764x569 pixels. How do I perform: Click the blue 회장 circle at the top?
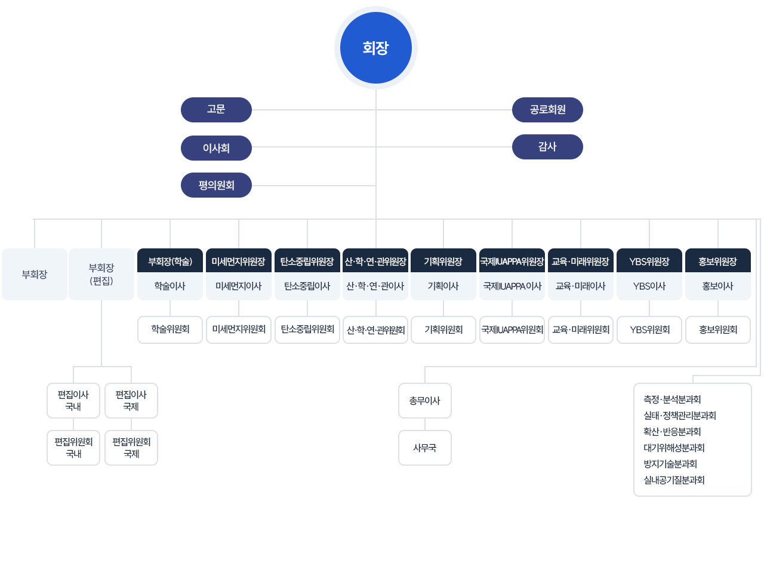(375, 48)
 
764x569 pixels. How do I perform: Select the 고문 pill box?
(216, 110)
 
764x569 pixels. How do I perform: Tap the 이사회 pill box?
(216, 148)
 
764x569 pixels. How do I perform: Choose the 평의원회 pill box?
(216, 185)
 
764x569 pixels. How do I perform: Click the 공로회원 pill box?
(547, 110)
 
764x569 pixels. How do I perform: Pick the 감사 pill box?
(547, 147)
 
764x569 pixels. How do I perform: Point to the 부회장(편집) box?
(101, 274)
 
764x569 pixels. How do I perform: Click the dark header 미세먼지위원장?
(238, 260)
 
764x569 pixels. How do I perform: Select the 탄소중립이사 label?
(307, 286)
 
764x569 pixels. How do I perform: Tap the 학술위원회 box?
(170, 330)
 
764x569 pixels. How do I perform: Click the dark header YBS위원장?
(649, 260)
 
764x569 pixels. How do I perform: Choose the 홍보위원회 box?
(717, 330)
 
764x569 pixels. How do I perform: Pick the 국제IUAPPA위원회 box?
(512, 330)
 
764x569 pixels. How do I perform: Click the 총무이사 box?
(425, 401)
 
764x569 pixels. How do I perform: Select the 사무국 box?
(425, 448)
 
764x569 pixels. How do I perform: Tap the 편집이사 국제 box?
(131, 401)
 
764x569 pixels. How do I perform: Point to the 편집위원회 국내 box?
(73, 448)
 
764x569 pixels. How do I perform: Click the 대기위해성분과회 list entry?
(674, 448)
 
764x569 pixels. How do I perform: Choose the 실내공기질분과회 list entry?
(674, 480)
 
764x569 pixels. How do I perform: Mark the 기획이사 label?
(443, 286)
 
